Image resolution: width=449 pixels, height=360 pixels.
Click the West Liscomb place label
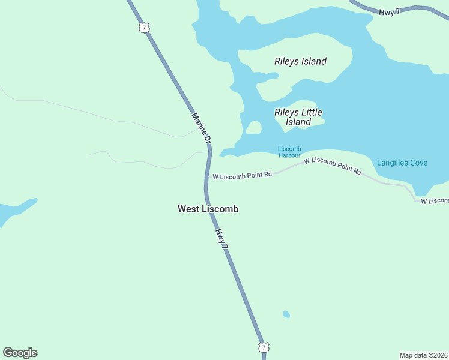208,209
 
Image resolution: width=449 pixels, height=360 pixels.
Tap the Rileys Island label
300,61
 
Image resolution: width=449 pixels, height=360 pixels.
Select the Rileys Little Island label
298,117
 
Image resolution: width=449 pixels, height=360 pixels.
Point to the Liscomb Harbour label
289,152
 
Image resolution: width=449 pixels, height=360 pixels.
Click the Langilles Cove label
402,163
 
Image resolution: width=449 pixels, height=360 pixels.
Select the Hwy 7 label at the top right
390,11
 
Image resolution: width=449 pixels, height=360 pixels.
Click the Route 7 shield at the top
143,27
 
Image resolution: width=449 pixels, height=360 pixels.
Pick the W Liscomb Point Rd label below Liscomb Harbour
332,166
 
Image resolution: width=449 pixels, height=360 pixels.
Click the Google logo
20,353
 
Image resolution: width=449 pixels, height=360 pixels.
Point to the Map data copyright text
423,355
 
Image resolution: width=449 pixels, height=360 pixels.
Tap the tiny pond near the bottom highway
286,314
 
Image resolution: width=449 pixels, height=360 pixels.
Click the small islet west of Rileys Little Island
253,127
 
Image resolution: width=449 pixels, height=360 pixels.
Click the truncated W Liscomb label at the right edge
435,200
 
